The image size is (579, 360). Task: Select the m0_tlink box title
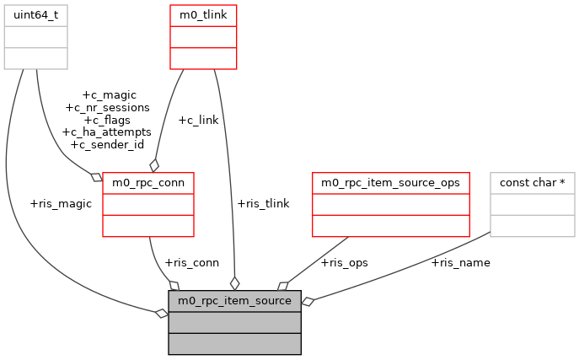(x=203, y=14)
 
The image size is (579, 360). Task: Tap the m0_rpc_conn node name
(x=148, y=182)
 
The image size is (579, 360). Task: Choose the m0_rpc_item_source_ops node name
(x=390, y=182)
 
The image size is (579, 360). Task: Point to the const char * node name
(x=533, y=182)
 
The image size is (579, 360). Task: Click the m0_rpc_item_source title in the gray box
(x=234, y=300)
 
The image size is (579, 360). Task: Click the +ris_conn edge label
(x=192, y=262)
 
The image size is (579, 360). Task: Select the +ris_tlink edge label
(x=263, y=203)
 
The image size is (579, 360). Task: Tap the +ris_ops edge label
(x=344, y=262)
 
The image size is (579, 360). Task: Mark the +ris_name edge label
(x=460, y=262)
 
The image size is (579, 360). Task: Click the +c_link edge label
(x=198, y=120)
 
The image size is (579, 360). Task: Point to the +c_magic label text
(x=109, y=95)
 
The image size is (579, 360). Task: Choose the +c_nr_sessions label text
(x=107, y=107)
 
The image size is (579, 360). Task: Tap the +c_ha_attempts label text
(x=106, y=132)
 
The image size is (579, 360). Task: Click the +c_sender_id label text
(x=106, y=144)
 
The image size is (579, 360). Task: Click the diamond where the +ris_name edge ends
(x=308, y=301)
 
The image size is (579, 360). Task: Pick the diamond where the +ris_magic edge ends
(x=162, y=314)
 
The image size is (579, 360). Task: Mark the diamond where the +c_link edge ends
(x=154, y=165)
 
